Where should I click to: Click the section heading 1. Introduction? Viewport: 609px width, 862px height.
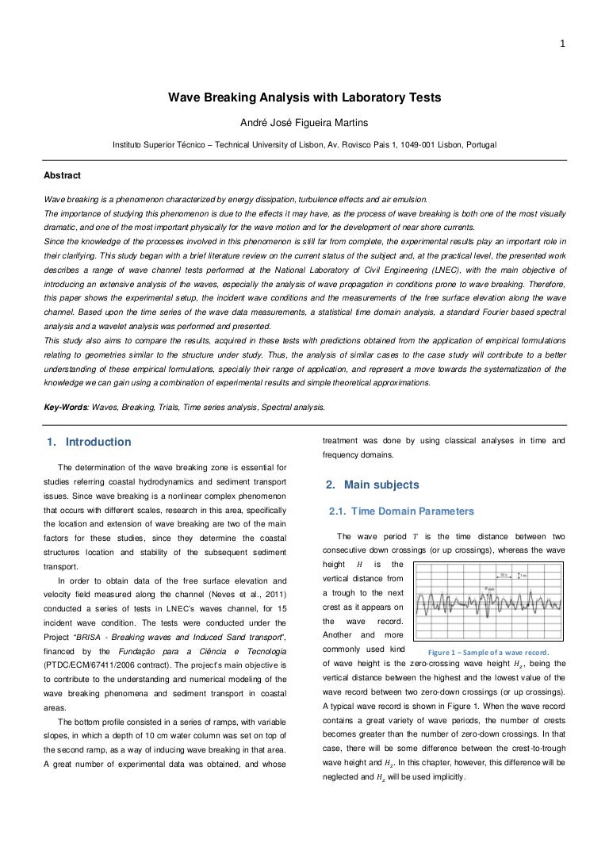click(x=87, y=442)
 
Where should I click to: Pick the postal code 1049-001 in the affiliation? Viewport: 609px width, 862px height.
click(x=417, y=146)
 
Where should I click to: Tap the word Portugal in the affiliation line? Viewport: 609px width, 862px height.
click(x=477, y=146)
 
